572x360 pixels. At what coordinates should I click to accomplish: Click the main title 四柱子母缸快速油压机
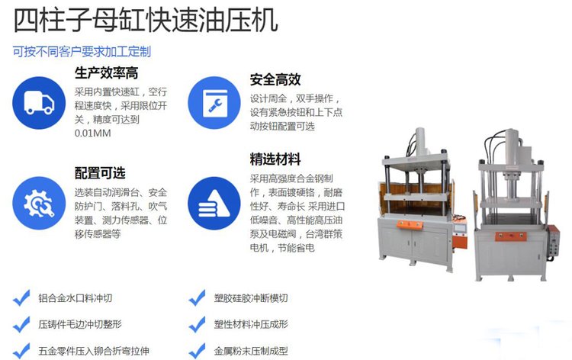tap(146, 20)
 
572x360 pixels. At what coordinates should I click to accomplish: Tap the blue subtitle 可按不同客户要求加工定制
tap(82, 52)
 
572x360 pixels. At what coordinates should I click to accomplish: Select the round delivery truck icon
tap(39, 103)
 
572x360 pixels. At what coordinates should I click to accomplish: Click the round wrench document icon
tap(214, 103)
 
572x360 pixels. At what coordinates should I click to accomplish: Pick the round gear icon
tap(39, 203)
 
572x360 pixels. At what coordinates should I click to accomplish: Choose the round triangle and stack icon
tap(214, 203)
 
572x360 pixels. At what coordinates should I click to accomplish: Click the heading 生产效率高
tap(107, 73)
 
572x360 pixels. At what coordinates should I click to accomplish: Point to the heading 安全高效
tap(275, 79)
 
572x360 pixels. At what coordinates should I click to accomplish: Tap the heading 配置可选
tap(100, 173)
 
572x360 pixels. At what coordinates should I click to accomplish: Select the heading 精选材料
tap(275, 159)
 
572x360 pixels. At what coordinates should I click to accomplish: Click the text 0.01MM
tap(92, 133)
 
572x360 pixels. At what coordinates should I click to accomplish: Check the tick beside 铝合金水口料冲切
tap(21, 297)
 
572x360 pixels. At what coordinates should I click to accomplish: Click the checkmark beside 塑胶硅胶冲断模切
tap(198, 297)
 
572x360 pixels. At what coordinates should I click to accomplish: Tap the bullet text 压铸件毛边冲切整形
tap(80, 324)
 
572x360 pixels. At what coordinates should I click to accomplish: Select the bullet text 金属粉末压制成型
tap(251, 352)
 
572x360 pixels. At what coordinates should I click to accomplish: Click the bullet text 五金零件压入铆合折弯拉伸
tap(94, 352)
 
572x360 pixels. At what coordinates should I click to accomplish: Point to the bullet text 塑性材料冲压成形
tap(251, 324)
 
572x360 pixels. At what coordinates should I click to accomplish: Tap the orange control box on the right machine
tap(554, 242)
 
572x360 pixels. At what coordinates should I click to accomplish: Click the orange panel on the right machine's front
tap(511, 236)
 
